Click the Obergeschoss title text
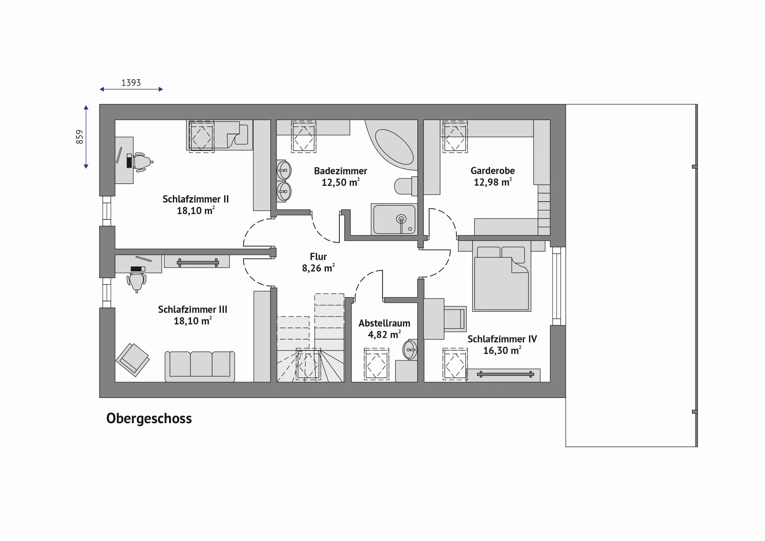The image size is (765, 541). click(x=149, y=419)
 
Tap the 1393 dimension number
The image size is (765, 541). click(x=131, y=83)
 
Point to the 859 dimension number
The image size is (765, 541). click(x=79, y=137)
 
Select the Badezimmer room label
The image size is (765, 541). click(x=341, y=171)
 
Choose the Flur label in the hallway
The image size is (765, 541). click(x=318, y=256)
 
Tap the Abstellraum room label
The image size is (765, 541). click(x=384, y=323)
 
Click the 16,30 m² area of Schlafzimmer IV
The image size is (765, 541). click(x=502, y=350)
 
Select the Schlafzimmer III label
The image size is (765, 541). click(x=192, y=309)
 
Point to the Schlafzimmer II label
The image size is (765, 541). click(x=196, y=199)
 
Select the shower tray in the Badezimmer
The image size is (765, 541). click(x=394, y=219)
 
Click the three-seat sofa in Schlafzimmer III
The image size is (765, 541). click(x=200, y=367)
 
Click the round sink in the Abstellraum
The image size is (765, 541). click(x=410, y=350)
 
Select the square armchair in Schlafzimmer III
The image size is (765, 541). click(x=132, y=360)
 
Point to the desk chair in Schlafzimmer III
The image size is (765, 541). click(x=136, y=282)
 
